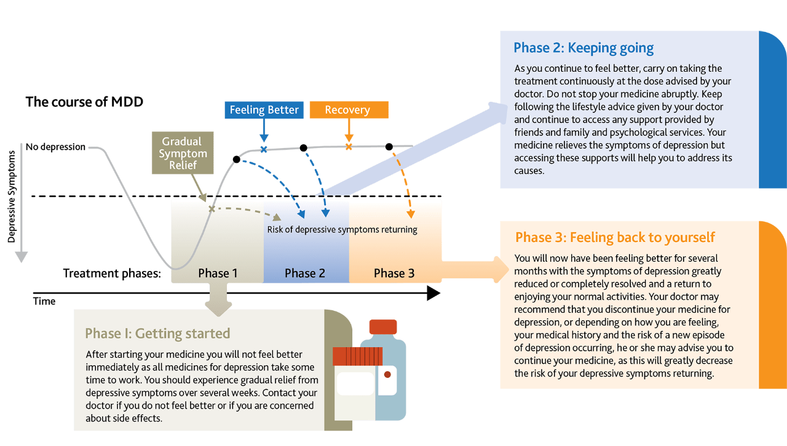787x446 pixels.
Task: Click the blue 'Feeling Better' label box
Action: coord(264,110)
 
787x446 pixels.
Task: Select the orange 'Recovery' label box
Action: coord(348,110)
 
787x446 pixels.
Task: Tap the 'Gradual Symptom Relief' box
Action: coord(183,153)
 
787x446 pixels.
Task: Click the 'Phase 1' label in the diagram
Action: coord(218,273)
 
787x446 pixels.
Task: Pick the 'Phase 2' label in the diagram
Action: coord(305,273)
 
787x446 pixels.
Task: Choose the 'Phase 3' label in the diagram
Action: coord(394,273)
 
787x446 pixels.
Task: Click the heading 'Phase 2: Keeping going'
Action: coord(583,48)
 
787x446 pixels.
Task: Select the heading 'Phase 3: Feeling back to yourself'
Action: coord(615,237)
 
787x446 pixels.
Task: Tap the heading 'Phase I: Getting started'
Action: coord(157,334)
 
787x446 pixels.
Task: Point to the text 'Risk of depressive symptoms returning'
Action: coord(342,230)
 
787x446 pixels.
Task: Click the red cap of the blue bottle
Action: coord(383,327)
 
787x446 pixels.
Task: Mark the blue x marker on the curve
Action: coord(264,149)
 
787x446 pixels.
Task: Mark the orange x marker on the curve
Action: coord(349,147)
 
